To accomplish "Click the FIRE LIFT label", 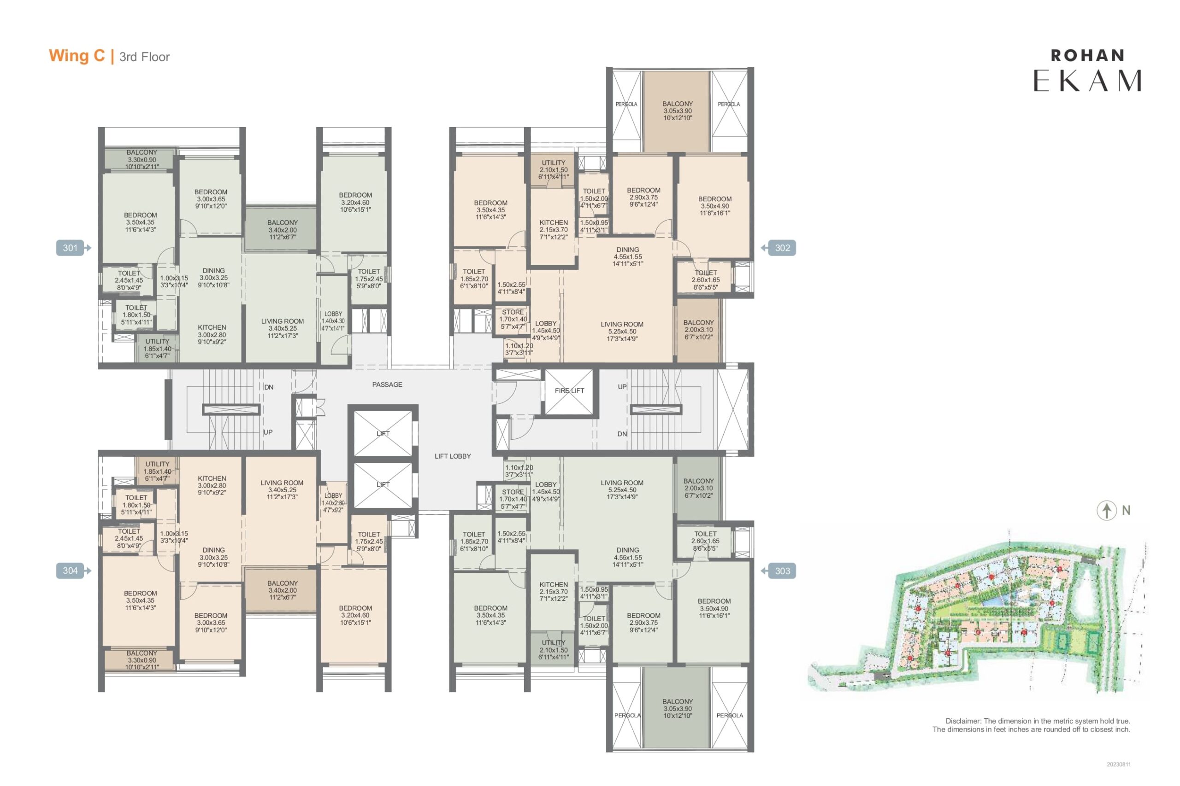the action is (569, 390).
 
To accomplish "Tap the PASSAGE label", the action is (387, 384).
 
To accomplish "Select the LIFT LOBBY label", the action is (453, 456).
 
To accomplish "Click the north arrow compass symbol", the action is (1106, 510).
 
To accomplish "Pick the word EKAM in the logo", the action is (1087, 80).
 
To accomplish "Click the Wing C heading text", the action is (77, 56).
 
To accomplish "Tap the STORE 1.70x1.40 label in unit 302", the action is (513, 319).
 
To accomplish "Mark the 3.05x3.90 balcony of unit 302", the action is (677, 111).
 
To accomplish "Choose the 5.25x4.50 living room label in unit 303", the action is (622, 490).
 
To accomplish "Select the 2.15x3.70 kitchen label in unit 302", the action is (554, 230).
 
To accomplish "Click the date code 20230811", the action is (1119, 764).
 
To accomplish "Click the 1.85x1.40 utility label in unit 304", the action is (157, 471).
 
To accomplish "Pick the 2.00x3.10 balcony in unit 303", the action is (698, 488).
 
